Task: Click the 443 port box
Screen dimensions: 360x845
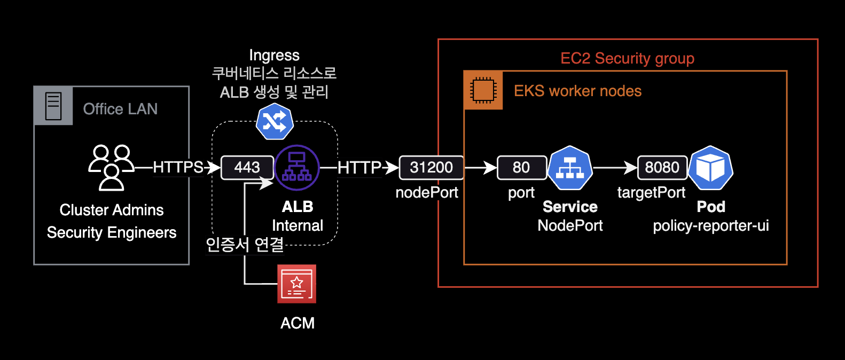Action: (x=247, y=167)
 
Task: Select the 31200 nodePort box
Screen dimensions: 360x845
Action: (x=431, y=167)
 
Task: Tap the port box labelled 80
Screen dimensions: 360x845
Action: (x=521, y=167)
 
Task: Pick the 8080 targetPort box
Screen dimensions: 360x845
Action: (x=662, y=167)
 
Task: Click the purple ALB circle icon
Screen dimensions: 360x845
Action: (x=297, y=168)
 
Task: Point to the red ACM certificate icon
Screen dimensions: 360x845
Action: (x=297, y=284)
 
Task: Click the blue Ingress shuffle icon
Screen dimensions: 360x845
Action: (x=275, y=122)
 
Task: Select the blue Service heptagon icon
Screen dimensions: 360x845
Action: (x=570, y=168)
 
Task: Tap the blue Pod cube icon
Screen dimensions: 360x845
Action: (x=710, y=168)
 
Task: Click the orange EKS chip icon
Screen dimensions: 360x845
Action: (x=483, y=90)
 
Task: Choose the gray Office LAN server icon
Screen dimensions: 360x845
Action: (x=53, y=106)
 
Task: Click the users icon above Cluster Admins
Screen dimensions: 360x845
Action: (x=111, y=167)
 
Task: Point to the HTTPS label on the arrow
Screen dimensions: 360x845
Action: (x=178, y=167)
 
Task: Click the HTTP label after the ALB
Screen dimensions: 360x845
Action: (x=359, y=168)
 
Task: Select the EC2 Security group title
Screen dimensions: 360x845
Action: (x=627, y=58)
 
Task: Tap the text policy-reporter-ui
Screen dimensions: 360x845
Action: (x=710, y=225)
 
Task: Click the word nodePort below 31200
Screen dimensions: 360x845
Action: (x=427, y=192)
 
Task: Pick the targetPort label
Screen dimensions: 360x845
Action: (x=651, y=192)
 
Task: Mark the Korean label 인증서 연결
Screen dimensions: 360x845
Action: (x=245, y=245)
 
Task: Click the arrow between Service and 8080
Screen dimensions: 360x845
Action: (x=615, y=168)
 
